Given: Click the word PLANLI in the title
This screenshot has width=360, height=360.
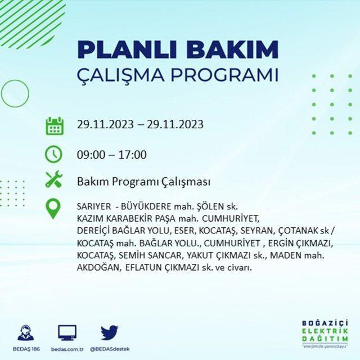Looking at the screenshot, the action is (127, 50).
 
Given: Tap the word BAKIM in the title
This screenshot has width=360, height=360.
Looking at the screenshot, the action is (232, 50).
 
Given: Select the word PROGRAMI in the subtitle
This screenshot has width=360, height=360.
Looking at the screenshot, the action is (225, 75).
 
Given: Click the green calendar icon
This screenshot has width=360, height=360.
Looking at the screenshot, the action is (55, 126).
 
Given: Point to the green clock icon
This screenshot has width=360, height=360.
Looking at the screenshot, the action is (53, 155).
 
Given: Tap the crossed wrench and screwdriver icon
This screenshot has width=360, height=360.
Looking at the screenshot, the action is (54, 179).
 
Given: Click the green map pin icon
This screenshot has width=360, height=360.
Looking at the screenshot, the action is (53, 209).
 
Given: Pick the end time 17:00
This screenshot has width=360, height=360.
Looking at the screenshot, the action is (133, 155).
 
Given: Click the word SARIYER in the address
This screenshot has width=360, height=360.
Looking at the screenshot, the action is (94, 206).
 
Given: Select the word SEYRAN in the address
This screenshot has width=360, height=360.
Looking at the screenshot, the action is (258, 230).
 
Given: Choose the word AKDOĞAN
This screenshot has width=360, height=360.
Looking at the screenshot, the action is (98, 267).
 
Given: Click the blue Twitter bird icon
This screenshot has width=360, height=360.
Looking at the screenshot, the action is (110, 332).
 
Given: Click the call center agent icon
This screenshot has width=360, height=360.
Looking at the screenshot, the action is (26, 332).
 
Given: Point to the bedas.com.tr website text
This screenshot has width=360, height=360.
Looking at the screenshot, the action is (67, 349).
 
